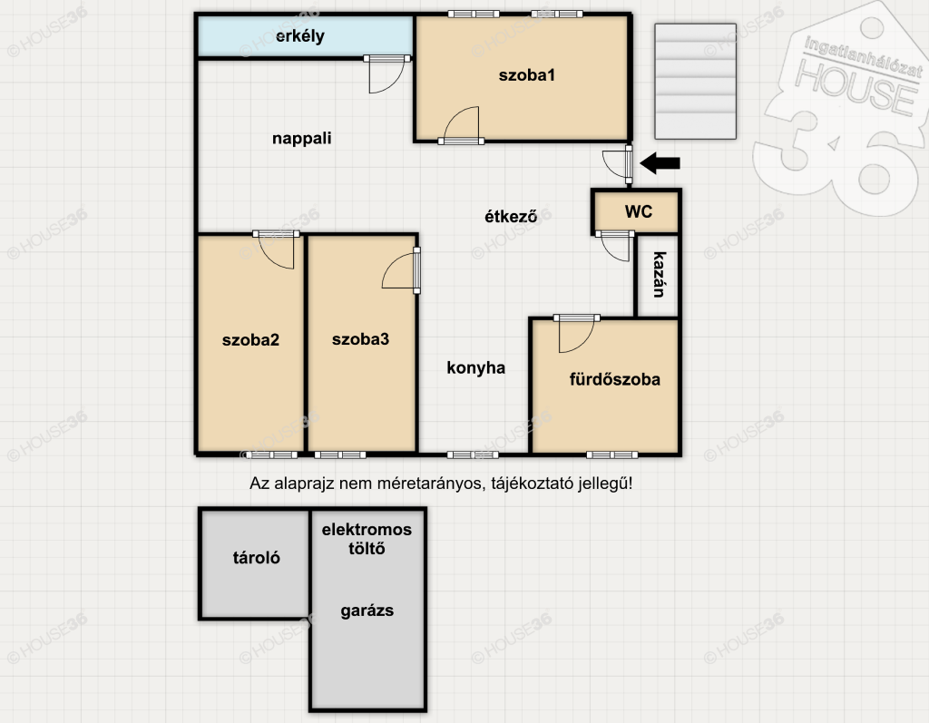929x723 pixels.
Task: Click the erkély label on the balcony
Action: click(x=299, y=36)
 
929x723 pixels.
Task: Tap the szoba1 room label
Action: click(x=527, y=75)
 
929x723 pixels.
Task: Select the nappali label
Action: click(x=301, y=139)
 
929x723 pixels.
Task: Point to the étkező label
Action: click(x=511, y=216)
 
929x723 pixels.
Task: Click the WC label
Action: click(x=638, y=211)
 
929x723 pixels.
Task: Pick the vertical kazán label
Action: click(x=659, y=274)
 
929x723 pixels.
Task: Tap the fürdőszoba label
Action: click(x=614, y=379)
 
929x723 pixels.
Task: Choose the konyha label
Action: click(x=475, y=368)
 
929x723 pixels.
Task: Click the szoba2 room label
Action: click(x=250, y=340)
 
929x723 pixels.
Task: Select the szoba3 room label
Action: click(x=360, y=339)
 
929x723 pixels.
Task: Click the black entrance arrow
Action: click(x=660, y=163)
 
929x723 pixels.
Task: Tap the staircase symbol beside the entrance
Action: click(x=695, y=82)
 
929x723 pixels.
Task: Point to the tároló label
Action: click(x=256, y=558)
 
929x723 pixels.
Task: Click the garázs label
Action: click(x=367, y=611)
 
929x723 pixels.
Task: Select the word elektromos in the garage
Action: click(x=367, y=530)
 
